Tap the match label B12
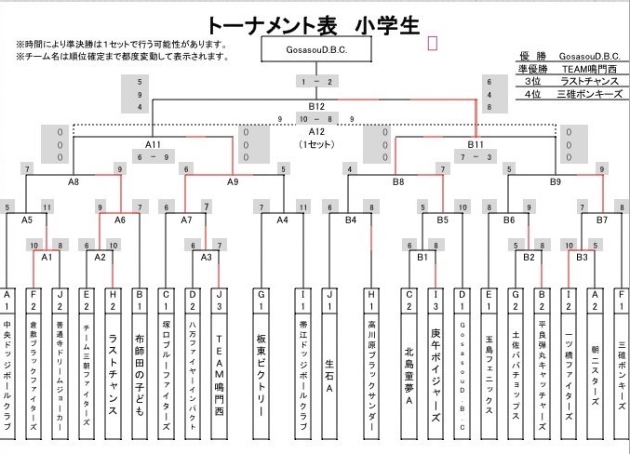pyautogui.click(x=316, y=106)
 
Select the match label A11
pyautogui.click(x=154, y=144)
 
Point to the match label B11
pyautogui.click(x=476, y=144)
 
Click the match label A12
pyautogui.click(x=316, y=131)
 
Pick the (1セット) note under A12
pyautogui.click(x=316, y=145)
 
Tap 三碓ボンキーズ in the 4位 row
pyautogui.click(x=591, y=94)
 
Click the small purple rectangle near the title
pyautogui.click(x=432, y=42)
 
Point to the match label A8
pyautogui.click(x=74, y=182)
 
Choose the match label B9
pyautogui.click(x=556, y=182)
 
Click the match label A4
pyautogui.click(x=282, y=220)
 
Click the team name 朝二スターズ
pyautogui.click(x=596, y=367)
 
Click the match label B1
pyautogui.click(x=422, y=256)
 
